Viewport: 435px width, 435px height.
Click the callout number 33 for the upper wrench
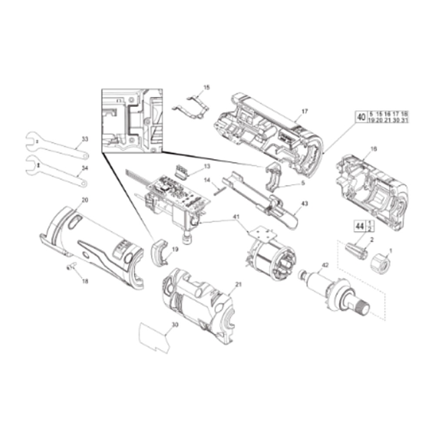click(x=85, y=139)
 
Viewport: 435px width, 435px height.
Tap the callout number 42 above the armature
click(x=326, y=265)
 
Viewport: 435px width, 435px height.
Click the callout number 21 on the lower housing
click(x=238, y=284)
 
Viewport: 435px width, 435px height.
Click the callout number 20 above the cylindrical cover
click(x=85, y=200)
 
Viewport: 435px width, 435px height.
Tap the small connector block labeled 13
click(x=182, y=172)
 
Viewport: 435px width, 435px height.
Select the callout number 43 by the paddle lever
click(x=304, y=204)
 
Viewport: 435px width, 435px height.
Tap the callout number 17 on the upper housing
click(x=304, y=111)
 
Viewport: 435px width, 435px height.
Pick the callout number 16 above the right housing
click(x=374, y=148)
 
